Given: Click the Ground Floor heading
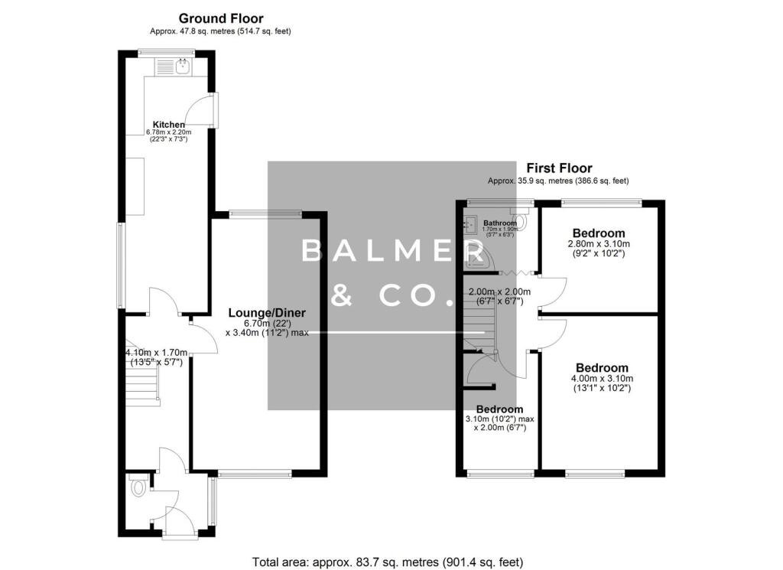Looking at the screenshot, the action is (x=220, y=18).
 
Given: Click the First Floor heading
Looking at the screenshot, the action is (x=558, y=168).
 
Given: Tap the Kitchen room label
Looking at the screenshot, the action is (x=168, y=125).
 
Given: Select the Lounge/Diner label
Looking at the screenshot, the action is (x=268, y=313).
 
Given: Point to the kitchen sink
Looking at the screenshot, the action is (x=183, y=67).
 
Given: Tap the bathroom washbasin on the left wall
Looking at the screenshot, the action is (x=470, y=224).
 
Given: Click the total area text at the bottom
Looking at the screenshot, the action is (x=388, y=562).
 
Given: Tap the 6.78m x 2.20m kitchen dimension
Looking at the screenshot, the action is (x=168, y=132).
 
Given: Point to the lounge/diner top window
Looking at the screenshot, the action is (x=268, y=213).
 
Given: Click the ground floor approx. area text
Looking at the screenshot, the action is (x=220, y=31).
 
